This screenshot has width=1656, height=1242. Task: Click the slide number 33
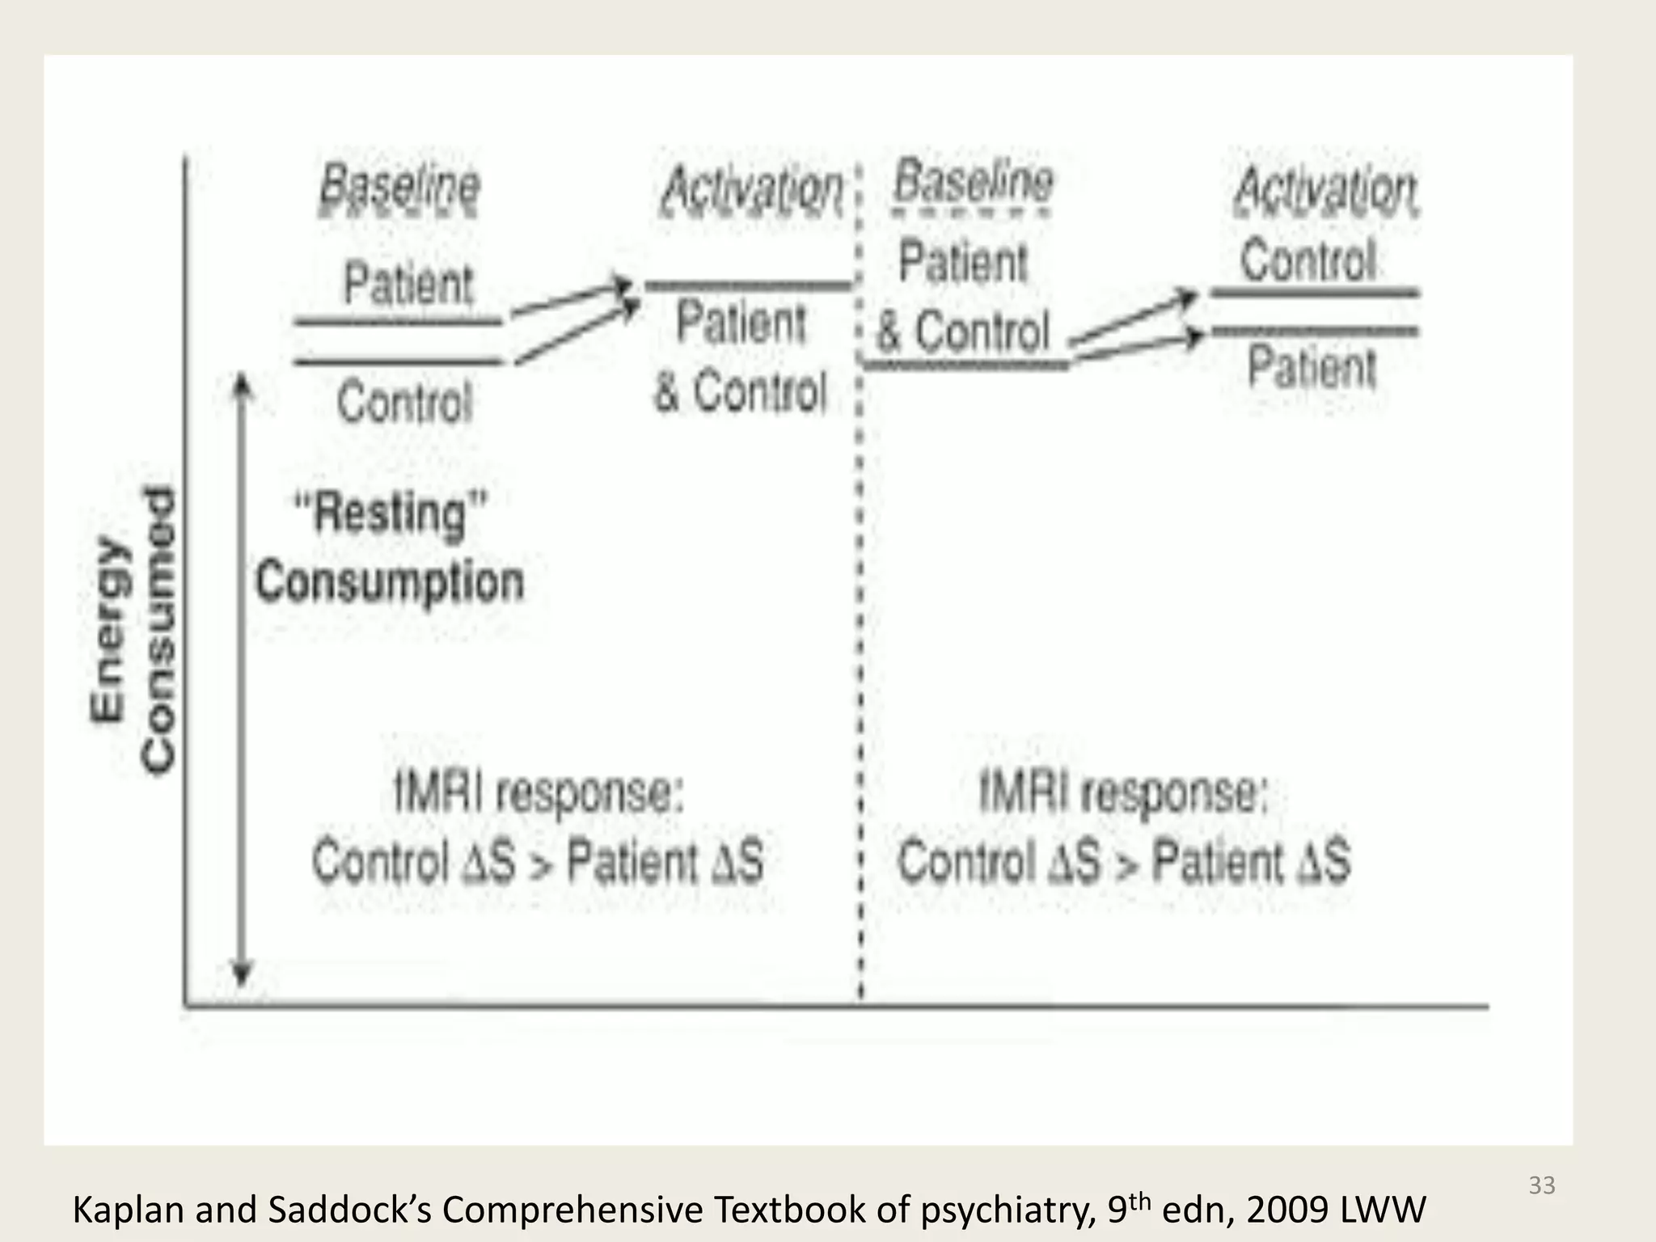1542,1185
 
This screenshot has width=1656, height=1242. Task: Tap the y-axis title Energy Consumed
133,629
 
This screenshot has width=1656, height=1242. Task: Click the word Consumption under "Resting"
390,582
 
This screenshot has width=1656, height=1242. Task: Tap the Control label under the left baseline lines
404,402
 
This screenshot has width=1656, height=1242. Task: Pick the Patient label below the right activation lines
1312,366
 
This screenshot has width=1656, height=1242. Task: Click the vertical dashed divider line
860,647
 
